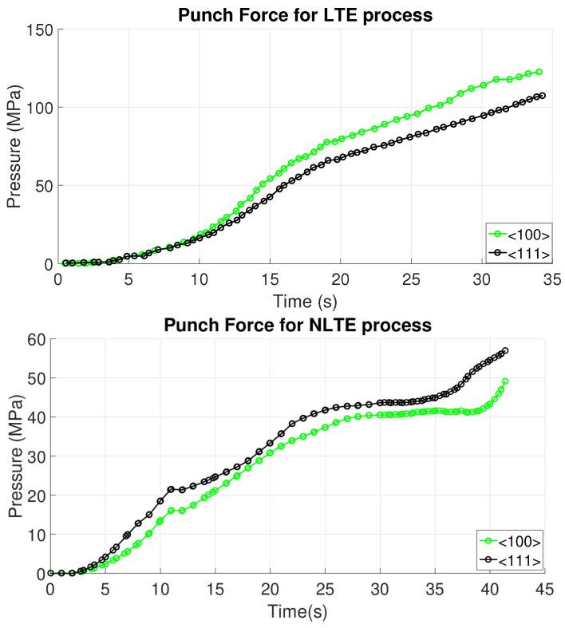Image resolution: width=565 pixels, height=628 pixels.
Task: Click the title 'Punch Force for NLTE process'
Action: (x=298, y=325)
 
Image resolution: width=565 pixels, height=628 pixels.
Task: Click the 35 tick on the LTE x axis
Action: (x=551, y=280)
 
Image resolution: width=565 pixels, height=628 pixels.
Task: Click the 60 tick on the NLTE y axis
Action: (x=34, y=339)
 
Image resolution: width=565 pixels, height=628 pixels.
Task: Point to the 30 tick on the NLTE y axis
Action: (x=34, y=456)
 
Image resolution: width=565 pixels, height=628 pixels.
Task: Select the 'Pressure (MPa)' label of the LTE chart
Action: (x=14, y=146)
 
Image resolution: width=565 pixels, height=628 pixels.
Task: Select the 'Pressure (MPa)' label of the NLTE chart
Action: (x=14, y=456)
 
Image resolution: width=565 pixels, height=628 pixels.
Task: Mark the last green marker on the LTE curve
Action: (x=539, y=72)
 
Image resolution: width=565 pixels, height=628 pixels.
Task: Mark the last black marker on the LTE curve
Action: (x=542, y=96)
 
